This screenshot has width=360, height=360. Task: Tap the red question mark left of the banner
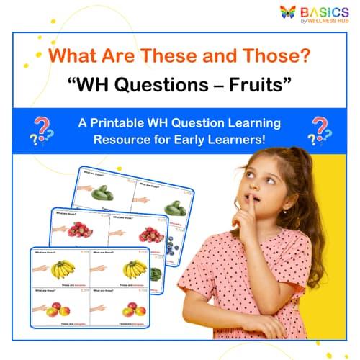[41, 129]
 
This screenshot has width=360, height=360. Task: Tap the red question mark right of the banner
[318, 127]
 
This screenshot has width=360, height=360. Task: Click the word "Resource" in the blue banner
[120, 138]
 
